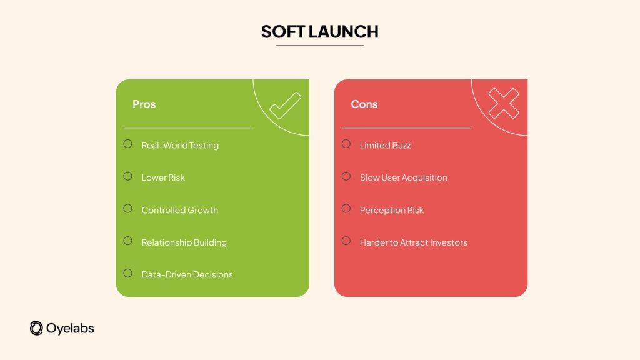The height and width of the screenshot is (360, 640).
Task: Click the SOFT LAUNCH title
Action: pyautogui.click(x=319, y=31)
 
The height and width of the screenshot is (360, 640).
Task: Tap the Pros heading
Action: pyautogui.click(x=144, y=104)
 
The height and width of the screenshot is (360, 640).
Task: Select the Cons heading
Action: pyautogui.click(x=364, y=104)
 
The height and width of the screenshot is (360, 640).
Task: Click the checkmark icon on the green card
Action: pyautogui.click(x=285, y=106)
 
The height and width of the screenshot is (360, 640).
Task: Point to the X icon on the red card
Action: pyautogui.click(x=503, y=103)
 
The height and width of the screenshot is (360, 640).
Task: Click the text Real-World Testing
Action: pyautogui.click(x=180, y=145)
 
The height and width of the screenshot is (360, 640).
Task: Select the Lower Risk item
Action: pyautogui.click(x=163, y=177)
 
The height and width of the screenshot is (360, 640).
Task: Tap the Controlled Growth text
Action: pyautogui.click(x=179, y=210)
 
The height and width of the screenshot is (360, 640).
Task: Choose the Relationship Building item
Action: pyautogui.click(x=184, y=242)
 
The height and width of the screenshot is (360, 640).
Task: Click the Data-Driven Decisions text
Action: pyautogui.click(x=187, y=274)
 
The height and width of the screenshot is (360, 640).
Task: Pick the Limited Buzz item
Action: pyautogui.click(x=385, y=145)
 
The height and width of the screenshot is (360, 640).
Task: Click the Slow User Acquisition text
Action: pyautogui.click(x=403, y=177)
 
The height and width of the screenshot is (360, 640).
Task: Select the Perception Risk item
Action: pyautogui.click(x=391, y=210)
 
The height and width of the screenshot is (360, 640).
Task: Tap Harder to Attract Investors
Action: pyautogui.click(x=413, y=242)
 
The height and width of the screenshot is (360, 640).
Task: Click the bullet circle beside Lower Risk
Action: pyautogui.click(x=128, y=176)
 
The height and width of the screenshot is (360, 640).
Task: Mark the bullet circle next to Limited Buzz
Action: pyautogui.click(x=346, y=144)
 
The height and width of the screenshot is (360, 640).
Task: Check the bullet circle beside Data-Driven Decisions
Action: pyautogui.click(x=128, y=273)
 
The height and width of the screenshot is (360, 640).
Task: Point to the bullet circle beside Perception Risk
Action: pyautogui.click(x=346, y=208)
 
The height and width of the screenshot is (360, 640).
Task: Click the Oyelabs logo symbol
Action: pyautogui.click(x=36, y=328)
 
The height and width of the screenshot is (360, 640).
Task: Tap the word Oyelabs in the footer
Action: pyautogui.click(x=70, y=328)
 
